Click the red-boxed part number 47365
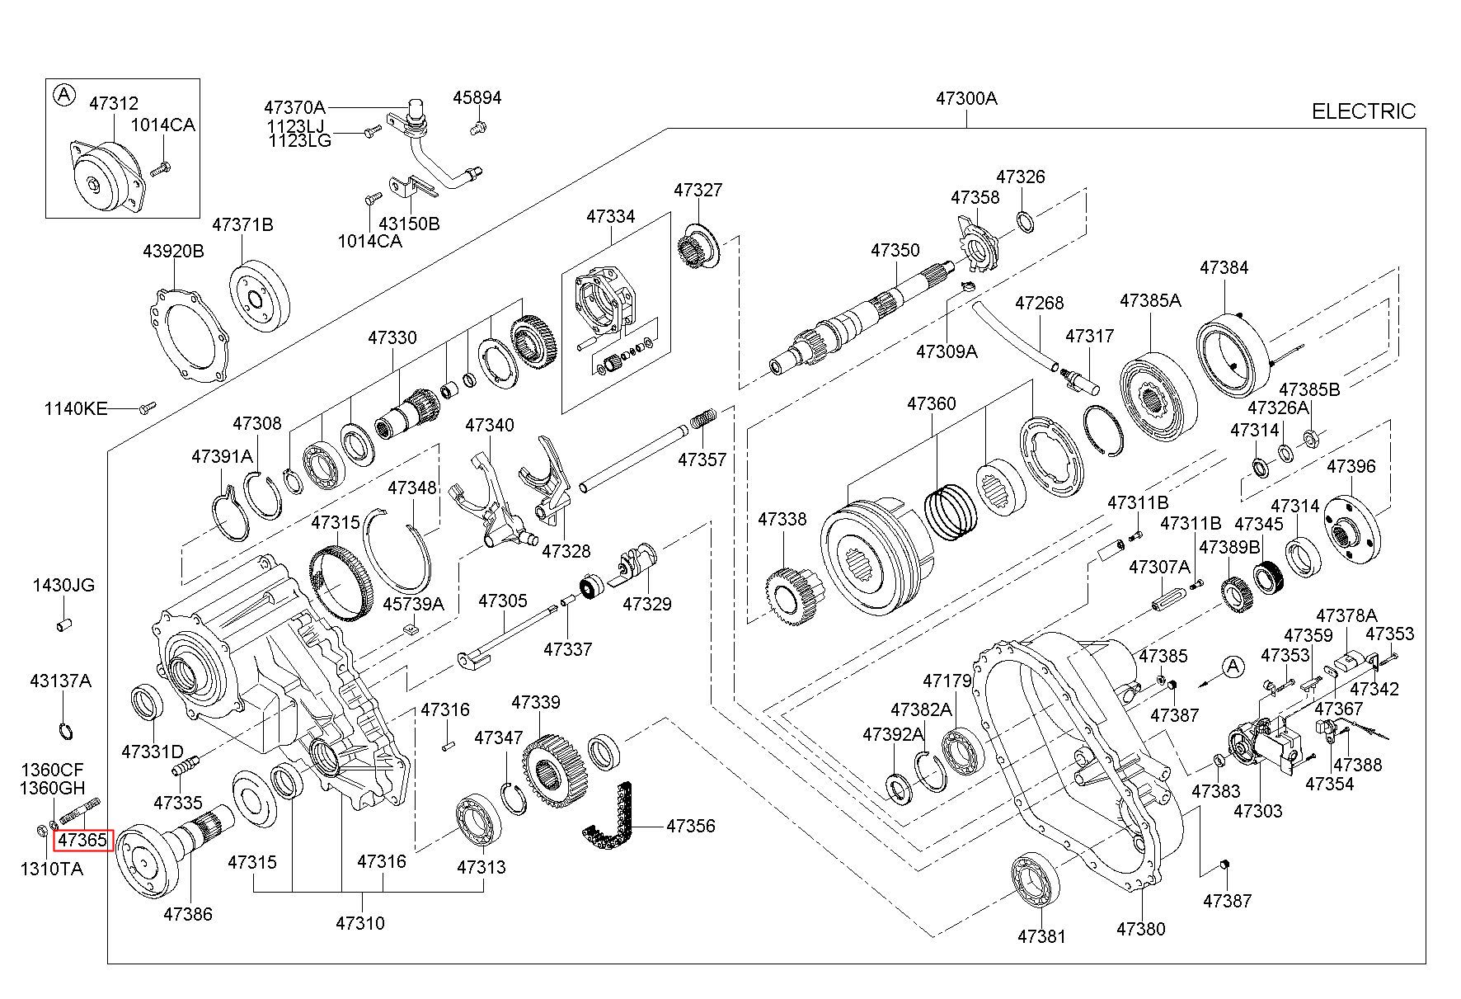pos(82,841)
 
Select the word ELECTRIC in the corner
pos(1363,111)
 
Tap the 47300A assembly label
pos(965,99)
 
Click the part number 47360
pos(932,403)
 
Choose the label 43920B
pos(173,251)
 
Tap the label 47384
pos(1224,267)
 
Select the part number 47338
pos(782,519)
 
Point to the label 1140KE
pos(76,408)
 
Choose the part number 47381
pos(1041,936)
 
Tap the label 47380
pos(1141,928)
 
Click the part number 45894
pos(477,98)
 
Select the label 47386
pos(187,913)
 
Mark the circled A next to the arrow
pos(1233,667)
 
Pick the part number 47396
pos(1351,466)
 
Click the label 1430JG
pos(63,586)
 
